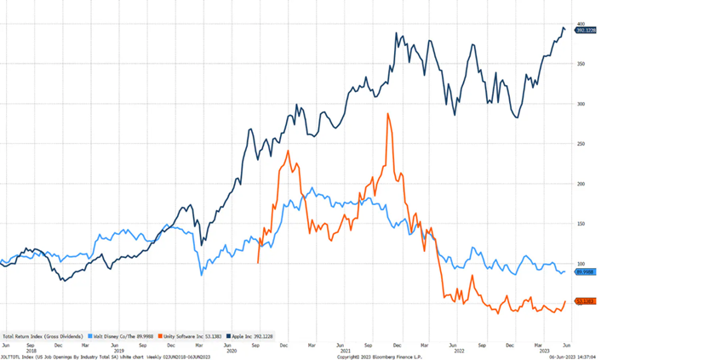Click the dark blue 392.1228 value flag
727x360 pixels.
[586, 31]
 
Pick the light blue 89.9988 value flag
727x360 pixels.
[585, 272]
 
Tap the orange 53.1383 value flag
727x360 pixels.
[585, 301]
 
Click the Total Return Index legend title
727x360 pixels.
[43, 335]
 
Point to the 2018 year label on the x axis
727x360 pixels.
[31, 350]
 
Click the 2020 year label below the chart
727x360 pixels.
[231, 350]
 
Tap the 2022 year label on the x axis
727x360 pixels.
[458, 350]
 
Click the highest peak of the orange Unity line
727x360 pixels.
[388, 113]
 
